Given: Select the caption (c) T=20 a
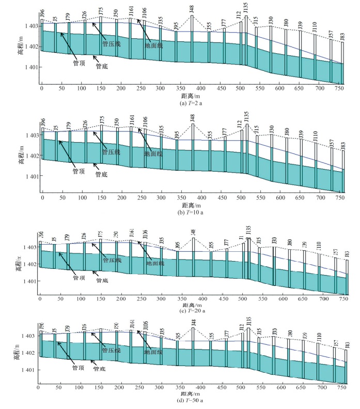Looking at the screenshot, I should pos(193,311).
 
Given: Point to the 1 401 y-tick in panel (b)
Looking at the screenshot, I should pos(30,176).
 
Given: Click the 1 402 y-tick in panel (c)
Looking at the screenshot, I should pos(29,264).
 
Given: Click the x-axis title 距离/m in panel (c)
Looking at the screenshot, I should pos(193,305).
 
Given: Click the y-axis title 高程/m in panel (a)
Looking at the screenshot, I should pos(21,47).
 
